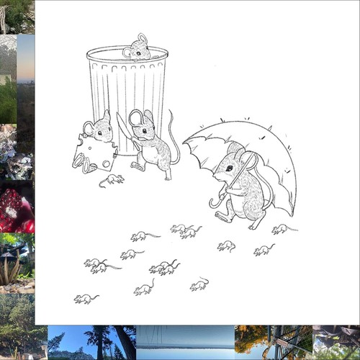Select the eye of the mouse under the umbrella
coord(229,167)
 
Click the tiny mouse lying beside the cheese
coord(111,179)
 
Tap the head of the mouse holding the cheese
coord(99,128)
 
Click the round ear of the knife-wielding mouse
coord(135,117)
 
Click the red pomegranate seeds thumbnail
coord(17,210)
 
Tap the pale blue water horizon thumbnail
coord(185,343)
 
